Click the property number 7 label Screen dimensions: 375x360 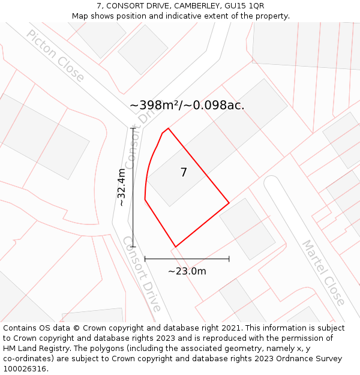184,173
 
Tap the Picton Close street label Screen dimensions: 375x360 56,56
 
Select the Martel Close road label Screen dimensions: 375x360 323,272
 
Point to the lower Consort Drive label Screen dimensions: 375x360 142,274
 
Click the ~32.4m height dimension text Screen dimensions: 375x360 122,187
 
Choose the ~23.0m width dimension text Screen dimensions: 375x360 187,271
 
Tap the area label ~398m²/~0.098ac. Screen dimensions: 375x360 187,106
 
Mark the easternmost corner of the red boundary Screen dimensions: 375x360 229,203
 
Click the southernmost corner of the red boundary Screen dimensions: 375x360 175,247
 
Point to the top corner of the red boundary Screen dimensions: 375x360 168,128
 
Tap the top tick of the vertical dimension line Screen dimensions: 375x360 133,128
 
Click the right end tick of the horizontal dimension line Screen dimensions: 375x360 229,259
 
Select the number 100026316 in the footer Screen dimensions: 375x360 25,369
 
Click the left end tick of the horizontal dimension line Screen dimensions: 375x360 145,259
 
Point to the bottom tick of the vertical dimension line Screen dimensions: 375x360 133,247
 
